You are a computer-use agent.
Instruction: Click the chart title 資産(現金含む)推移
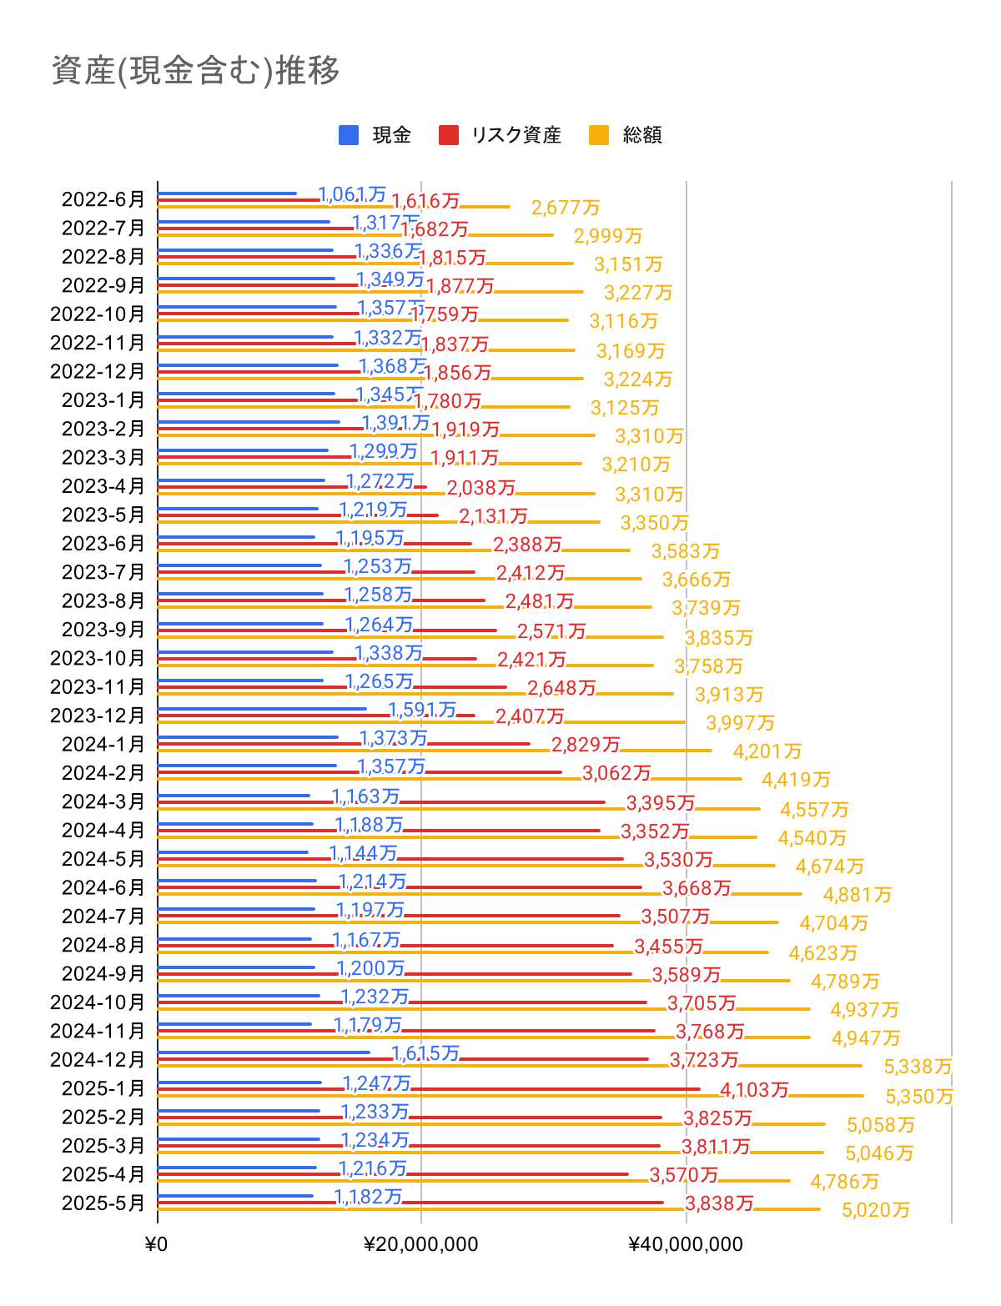(x=196, y=71)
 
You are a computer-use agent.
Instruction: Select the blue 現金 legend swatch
(x=349, y=135)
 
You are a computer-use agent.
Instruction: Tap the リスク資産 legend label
(x=516, y=135)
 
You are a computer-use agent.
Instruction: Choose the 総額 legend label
(x=642, y=135)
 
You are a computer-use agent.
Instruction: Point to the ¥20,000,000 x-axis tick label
(x=421, y=1245)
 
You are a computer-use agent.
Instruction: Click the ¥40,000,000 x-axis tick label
(x=686, y=1245)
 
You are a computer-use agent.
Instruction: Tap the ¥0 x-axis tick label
(x=156, y=1245)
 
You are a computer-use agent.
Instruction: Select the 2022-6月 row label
(x=103, y=199)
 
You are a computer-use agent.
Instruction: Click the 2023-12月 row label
(x=98, y=716)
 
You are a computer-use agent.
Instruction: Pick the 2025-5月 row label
(x=103, y=1203)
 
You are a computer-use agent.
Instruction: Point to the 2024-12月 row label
(x=98, y=1059)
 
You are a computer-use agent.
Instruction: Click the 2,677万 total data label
(x=566, y=208)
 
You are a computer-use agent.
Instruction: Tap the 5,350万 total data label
(x=919, y=1097)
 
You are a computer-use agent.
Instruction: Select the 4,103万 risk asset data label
(x=754, y=1089)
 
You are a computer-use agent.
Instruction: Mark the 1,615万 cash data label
(x=425, y=1053)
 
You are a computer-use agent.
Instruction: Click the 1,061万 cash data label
(x=352, y=194)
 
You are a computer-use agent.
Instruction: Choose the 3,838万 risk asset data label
(x=719, y=1203)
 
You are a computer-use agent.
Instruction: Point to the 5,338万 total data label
(x=918, y=1067)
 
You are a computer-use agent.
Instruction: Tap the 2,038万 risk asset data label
(x=481, y=487)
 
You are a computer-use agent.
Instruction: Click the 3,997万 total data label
(x=740, y=723)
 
